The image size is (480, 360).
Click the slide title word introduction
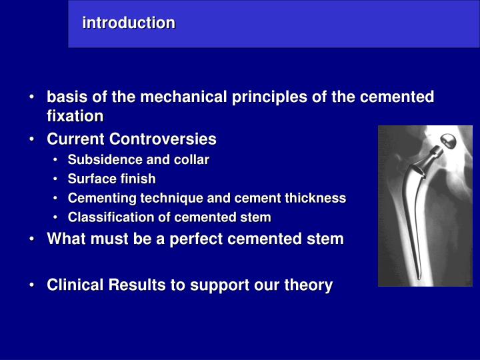129,23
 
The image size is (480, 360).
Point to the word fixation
75,117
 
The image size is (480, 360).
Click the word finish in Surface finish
138,179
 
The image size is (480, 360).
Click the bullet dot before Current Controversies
33,140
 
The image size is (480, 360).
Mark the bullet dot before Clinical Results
33,286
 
